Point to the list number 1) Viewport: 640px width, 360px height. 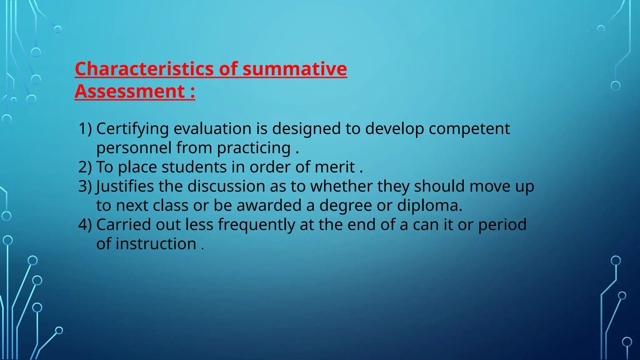pyautogui.click(x=85, y=129)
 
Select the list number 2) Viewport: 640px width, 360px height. pyautogui.click(x=85, y=167)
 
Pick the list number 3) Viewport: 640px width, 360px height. pyautogui.click(x=85, y=186)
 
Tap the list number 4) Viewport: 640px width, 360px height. pyautogui.click(x=85, y=225)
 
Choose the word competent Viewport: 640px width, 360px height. pyautogui.click(x=469, y=129)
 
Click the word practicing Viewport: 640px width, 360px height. pyautogui.click(x=254, y=148)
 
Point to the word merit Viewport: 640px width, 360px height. pyautogui.click(x=335, y=167)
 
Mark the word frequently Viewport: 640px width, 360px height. pyautogui.click(x=256, y=225)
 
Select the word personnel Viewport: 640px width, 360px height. pyautogui.click(x=134, y=148)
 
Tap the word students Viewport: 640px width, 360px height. pyautogui.click(x=194, y=167)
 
